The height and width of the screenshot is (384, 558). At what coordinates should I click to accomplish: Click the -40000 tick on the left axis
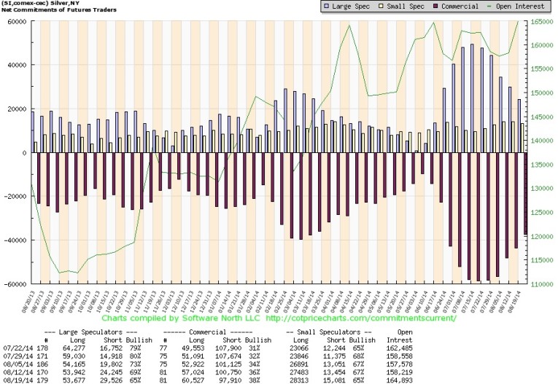[x=14, y=240]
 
